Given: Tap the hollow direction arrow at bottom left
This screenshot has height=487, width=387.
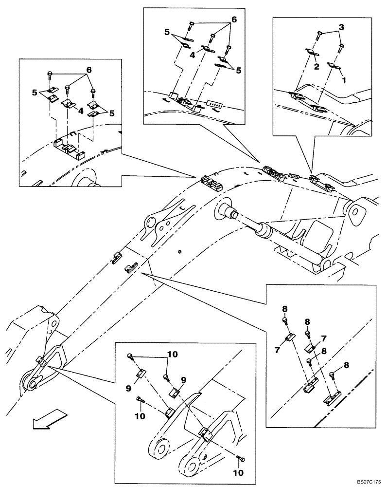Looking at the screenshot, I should click(49, 420).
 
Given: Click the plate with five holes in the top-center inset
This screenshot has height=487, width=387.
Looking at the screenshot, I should click(214, 104).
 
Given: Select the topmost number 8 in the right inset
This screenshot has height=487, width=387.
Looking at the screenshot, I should click(285, 308).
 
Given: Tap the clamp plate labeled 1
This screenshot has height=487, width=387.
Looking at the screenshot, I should click(334, 66).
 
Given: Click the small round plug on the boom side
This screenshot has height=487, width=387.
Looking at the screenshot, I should click(179, 252).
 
